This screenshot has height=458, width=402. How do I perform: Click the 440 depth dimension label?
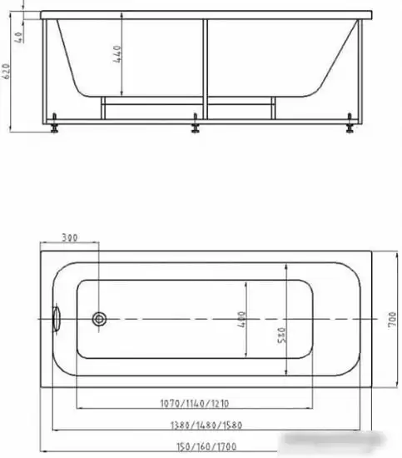coord(119,57)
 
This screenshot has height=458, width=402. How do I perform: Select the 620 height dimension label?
coord(7,74)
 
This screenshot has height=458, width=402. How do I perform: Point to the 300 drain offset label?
coord(70,239)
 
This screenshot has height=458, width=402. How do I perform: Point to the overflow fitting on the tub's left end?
coord(57,318)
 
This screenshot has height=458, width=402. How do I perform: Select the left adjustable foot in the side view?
coord(54,127)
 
